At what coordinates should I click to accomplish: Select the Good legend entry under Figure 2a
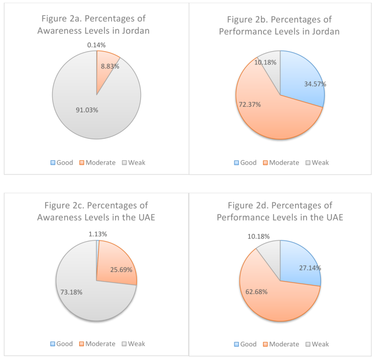click(x=61, y=162)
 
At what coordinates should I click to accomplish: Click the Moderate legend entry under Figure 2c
click(x=96, y=343)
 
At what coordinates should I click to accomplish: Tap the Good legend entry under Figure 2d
click(x=245, y=343)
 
